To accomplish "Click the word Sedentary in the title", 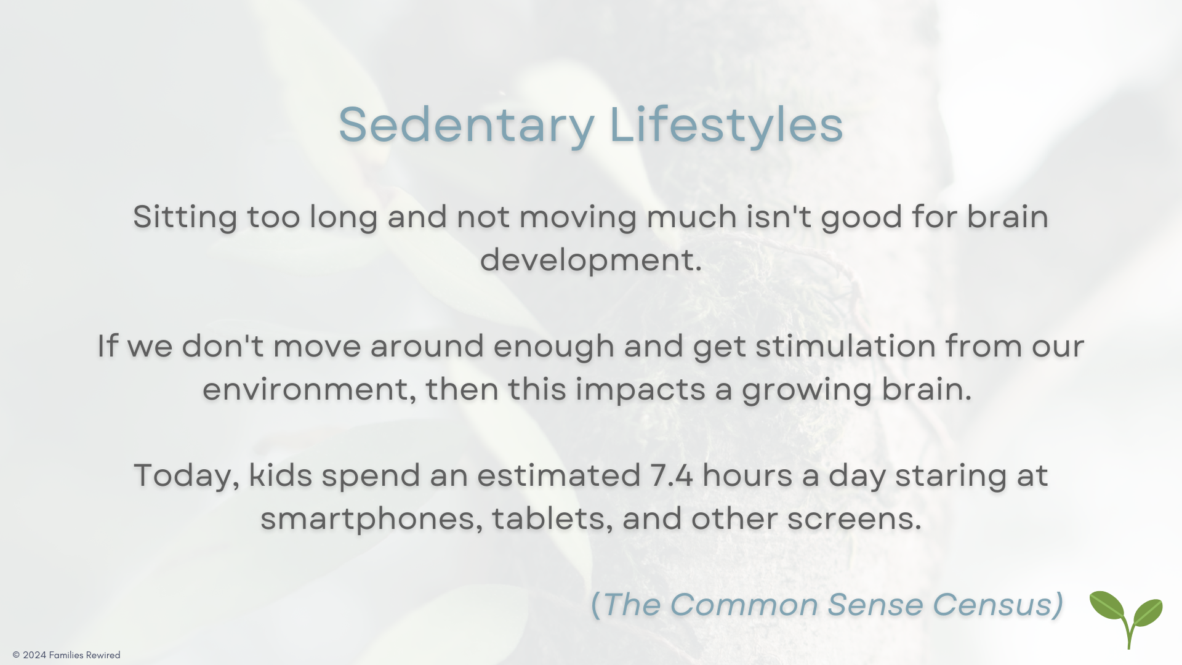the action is coord(467,126).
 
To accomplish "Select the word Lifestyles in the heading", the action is coord(726,126).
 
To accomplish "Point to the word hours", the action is coord(747,476).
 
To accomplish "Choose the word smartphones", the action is coord(368,520).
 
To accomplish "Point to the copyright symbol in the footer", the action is coord(16,655).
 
